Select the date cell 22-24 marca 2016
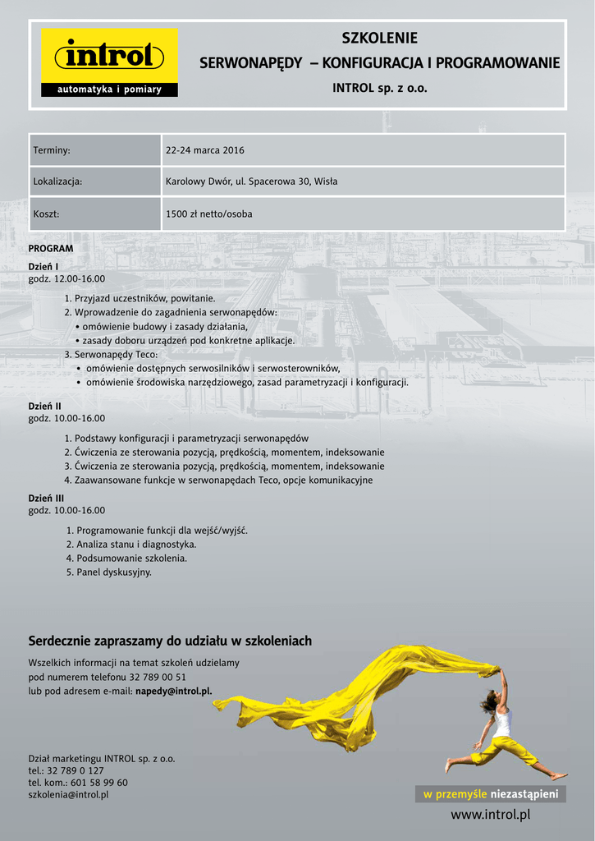(205, 150)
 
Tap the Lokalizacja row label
(57, 182)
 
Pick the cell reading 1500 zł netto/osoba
(209, 214)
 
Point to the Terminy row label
(52, 150)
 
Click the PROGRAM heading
(51, 248)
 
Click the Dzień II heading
(45, 406)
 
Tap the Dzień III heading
(46, 498)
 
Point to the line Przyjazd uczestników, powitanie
(144, 298)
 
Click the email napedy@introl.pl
(173, 691)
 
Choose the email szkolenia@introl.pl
(68, 794)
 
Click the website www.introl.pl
(491, 815)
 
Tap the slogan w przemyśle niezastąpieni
(490, 793)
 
